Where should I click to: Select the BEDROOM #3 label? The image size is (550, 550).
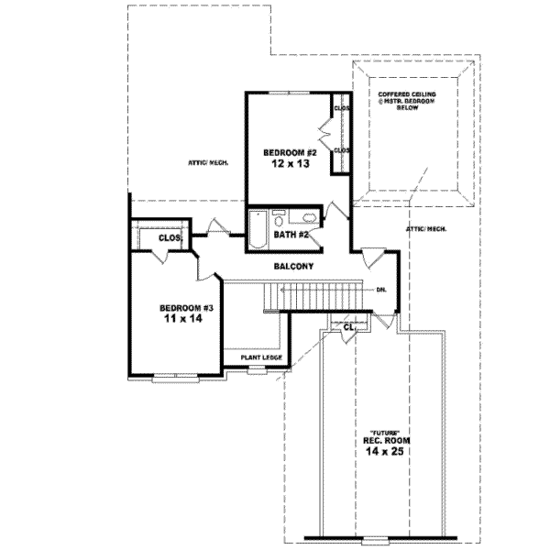pos(186,307)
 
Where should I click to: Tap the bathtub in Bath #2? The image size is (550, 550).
pos(258,230)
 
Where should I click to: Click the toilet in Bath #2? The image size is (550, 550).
pos(280,217)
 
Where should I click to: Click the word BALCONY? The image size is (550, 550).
pos(294,267)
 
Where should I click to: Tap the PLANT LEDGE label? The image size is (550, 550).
pos(261,357)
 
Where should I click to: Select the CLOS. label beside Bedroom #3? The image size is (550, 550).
pos(170,237)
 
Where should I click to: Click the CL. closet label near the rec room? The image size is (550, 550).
pos(349,326)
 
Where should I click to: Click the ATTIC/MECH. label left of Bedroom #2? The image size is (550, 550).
pos(208,162)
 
